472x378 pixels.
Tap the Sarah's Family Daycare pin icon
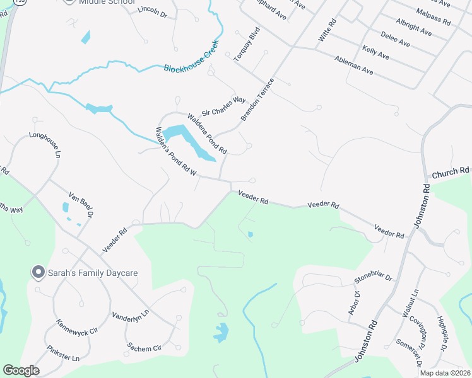(38, 272)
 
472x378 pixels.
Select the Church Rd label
(451, 171)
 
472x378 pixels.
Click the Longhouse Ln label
(44, 144)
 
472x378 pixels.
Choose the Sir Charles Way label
(223, 106)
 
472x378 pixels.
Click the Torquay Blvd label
(247, 43)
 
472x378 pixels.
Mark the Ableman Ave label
(355, 68)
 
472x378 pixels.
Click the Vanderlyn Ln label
(130, 313)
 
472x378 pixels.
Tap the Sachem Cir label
(145, 346)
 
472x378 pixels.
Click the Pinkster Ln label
(62, 353)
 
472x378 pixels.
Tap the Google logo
(21, 370)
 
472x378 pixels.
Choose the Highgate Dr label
(442, 333)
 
